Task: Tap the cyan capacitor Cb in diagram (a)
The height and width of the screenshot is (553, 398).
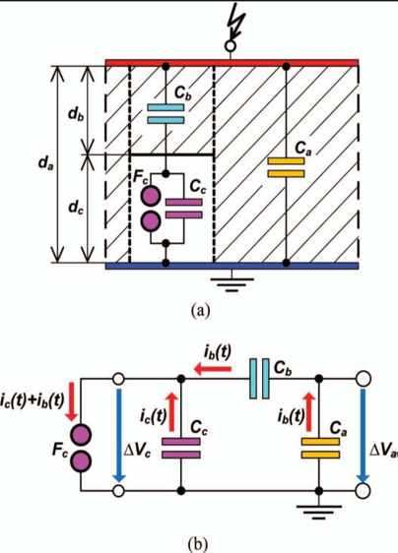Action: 166,113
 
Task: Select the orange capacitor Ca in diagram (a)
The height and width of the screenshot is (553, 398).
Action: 286,167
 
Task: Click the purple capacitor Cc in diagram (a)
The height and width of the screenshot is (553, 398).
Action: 183,209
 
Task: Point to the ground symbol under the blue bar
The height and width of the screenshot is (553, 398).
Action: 232,285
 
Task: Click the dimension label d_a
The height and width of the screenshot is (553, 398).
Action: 46,163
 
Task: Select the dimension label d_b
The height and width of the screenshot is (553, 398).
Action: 76,114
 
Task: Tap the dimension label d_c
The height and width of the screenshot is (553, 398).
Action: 76,208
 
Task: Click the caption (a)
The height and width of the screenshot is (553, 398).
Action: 200,311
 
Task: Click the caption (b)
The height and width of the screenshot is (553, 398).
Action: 198,545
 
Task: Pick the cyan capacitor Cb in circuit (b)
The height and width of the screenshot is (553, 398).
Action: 259,379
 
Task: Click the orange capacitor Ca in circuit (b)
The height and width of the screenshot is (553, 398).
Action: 320,449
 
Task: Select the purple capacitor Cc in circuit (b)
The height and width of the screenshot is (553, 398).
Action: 181,449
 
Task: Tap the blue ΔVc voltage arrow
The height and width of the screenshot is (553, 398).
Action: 118,435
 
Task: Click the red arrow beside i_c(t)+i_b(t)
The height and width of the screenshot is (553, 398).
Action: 72,401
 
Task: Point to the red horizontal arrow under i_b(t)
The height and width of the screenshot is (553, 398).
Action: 214,370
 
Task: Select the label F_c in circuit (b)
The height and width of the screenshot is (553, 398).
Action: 60,451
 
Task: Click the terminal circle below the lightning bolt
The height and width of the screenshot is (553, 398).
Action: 231,46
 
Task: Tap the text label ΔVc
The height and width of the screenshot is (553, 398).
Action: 137,451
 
